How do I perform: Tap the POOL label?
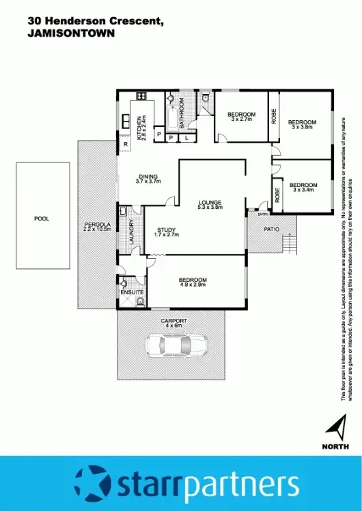tap(42, 219)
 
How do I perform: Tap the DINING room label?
tap(148, 179)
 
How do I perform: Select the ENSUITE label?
tap(131, 292)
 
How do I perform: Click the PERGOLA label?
tap(96, 227)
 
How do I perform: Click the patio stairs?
tap(292, 242)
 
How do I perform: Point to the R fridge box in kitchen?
tap(126, 145)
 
